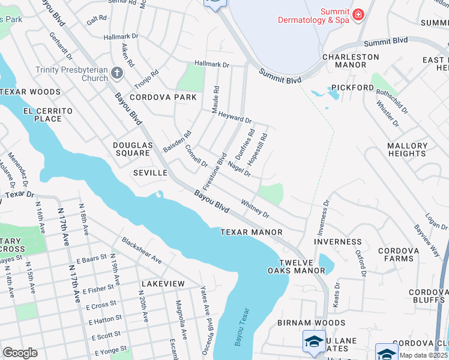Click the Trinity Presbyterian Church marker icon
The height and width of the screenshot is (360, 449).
(x=116, y=73)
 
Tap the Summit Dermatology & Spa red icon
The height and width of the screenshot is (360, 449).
(x=358, y=14)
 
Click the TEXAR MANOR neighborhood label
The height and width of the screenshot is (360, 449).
(x=251, y=232)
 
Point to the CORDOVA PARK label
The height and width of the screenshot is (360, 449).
(x=163, y=97)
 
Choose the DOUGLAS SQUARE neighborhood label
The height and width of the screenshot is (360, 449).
(x=131, y=149)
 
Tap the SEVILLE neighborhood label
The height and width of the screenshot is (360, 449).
(x=149, y=173)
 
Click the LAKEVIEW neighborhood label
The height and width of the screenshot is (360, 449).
(x=163, y=283)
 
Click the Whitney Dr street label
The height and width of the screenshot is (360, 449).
(x=255, y=209)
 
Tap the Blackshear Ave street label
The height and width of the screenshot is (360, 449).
(x=142, y=250)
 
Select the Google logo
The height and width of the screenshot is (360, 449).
(x=20, y=353)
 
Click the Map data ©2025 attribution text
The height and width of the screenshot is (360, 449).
(x=424, y=355)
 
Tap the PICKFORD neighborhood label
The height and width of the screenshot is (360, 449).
(x=352, y=88)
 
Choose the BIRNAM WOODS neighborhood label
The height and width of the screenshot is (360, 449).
(x=303, y=322)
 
